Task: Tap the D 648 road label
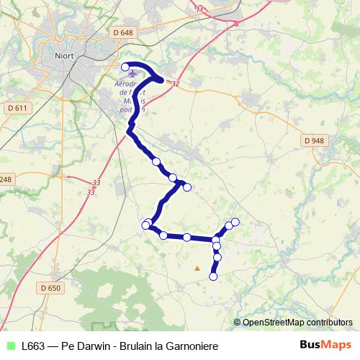[x=124, y=32]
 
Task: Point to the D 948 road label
[x=314, y=140]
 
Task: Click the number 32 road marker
[x=174, y=84]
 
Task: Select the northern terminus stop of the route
[x=125, y=67]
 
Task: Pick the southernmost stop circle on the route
[x=213, y=276]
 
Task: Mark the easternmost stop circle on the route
[x=235, y=221]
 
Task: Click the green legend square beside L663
[x=9, y=345]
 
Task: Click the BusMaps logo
[x=325, y=344]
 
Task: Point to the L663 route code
[x=34, y=345]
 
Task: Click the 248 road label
[x=6, y=179]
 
